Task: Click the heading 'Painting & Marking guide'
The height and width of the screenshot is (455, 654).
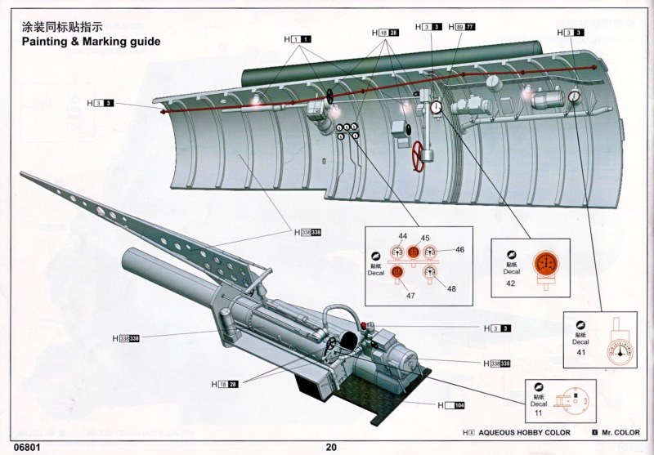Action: pos(90,41)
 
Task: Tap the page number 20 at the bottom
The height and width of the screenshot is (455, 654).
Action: pos(330,447)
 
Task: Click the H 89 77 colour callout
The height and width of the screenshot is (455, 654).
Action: pos(462,27)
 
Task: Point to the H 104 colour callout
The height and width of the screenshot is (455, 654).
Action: pos(450,405)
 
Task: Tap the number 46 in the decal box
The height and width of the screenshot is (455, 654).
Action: pos(459,250)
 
